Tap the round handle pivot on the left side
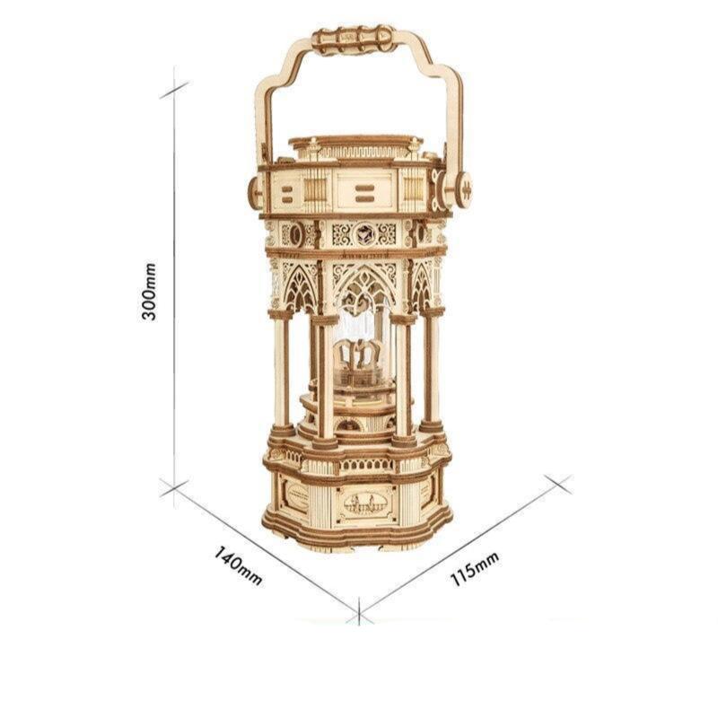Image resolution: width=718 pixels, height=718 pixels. point(254,189)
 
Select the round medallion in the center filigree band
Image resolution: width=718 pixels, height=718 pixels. point(364,232)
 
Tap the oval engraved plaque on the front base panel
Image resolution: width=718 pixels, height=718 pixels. point(364,505)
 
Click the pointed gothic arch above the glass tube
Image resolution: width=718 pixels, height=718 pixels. point(363,283)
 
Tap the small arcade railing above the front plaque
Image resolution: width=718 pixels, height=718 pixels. point(364,468)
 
